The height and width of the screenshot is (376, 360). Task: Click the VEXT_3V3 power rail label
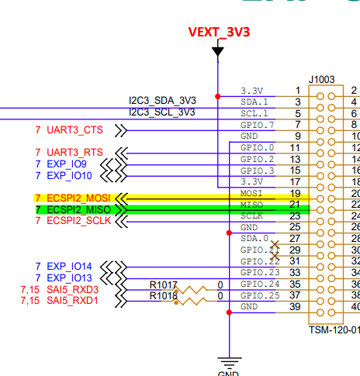(x=220, y=33)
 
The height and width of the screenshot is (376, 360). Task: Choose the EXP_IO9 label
(x=77, y=164)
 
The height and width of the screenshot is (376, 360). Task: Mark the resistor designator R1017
(x=164, y=285)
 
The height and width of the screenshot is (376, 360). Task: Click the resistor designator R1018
(x=164, y=295)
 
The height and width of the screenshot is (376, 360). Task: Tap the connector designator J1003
(x=323, y=79)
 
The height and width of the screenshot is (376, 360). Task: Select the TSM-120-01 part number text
(x=334, y=328)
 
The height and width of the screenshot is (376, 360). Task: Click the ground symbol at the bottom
(x=229, y=361)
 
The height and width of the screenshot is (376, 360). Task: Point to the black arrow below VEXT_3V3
(x=218, y=52)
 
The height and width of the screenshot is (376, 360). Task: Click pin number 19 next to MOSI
(x=295, y=193)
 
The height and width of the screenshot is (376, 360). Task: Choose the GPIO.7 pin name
(x=258, y=125)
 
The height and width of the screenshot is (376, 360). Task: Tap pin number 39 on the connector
(x=295, y=307)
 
